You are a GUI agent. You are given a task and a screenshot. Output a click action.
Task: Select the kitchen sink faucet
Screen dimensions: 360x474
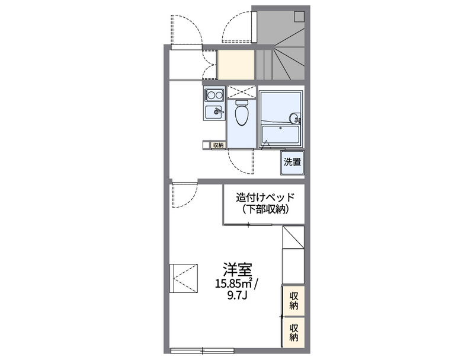pos(218,111)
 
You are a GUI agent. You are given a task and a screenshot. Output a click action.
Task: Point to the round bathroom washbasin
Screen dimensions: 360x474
pos(293,117)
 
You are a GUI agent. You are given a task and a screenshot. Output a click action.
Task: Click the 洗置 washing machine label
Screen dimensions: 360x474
pos(291,161)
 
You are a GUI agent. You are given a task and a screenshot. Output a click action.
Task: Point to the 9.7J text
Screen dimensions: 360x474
pos(236,294)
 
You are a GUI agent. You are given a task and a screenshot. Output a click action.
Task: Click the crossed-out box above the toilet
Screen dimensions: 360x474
pos(241,92)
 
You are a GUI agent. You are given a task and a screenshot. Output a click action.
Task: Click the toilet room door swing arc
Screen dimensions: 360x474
pos(237,161)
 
